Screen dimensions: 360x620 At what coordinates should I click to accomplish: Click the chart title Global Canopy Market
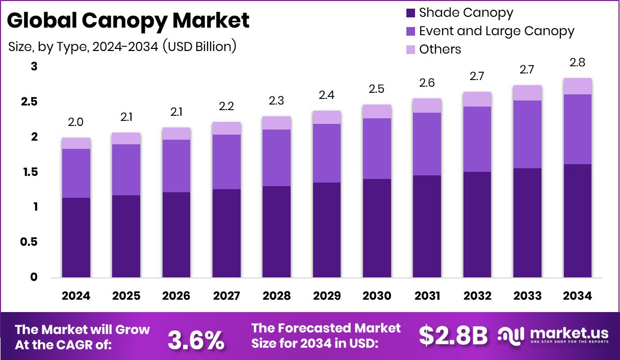[128, 20]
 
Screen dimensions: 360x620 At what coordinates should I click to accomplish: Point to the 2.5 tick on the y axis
[30, 102]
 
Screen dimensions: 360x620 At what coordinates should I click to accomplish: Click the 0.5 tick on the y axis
[30, 242]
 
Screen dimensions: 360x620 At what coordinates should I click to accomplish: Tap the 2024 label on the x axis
[76, 296]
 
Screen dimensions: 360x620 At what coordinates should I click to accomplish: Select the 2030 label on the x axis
[377, 296]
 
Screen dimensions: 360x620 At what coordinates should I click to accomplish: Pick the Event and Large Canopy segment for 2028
[276, 158]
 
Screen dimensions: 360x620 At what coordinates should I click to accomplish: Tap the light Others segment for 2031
[427, 106]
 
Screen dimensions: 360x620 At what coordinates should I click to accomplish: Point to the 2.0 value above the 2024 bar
[76, 122]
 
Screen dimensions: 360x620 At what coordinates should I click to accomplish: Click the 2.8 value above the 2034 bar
[577, 63]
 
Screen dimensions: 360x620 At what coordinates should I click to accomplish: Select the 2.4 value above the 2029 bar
[327, 95]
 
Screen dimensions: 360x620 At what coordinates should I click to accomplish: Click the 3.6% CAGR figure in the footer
[196, 340]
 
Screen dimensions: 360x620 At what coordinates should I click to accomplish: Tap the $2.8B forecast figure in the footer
[453, 336]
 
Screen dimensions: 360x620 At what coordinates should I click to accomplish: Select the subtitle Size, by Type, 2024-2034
[122, 46]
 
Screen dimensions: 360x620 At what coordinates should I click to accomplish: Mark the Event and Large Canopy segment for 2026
[176, 166]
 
